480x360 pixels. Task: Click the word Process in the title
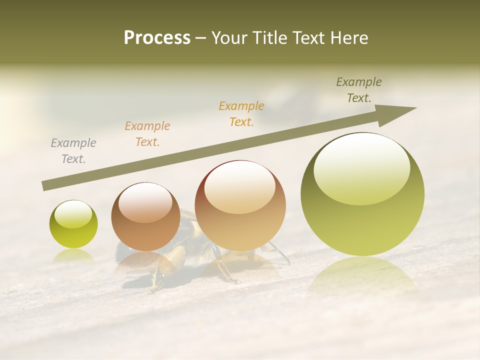[x=157, y=38]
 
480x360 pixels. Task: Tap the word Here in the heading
[x=349, y=38]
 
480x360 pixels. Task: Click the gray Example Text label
[x=73, y=151]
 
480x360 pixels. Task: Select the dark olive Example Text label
[x=358, y=90]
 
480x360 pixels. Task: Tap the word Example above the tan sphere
[x=241, y=106]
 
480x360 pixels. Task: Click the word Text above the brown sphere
[x=147, y=142]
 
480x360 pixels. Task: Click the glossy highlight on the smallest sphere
[x=73, y=214]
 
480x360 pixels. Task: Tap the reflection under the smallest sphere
[x=73, y=255]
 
